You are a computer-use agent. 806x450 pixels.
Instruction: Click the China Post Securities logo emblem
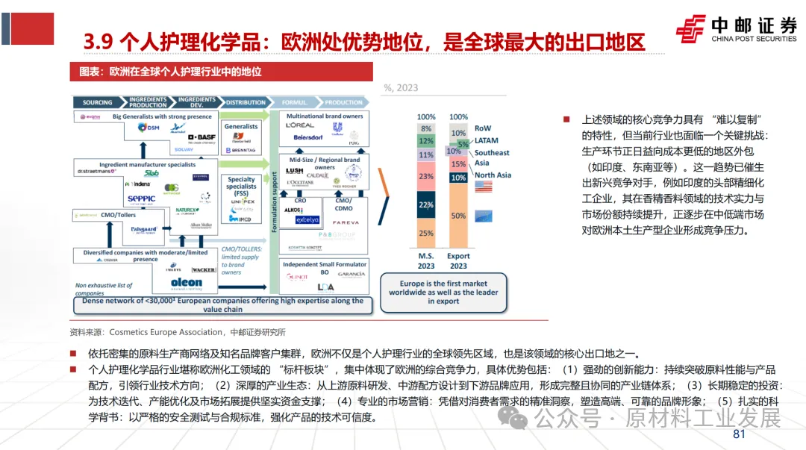pos(690,28)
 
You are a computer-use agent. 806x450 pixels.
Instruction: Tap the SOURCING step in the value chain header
pos(98,102)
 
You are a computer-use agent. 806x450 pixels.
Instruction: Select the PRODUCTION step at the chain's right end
pos(344,102)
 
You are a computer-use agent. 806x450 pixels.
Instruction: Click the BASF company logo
pos(201,137)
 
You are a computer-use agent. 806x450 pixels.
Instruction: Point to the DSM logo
pos(149,128)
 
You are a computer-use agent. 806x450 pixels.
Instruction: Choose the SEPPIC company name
pos(141,199)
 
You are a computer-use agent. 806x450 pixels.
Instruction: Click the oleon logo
pos(187,282)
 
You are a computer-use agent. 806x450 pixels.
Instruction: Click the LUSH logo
pos(296,172)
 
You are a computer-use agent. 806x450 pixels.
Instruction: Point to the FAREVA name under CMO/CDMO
pos(346,222)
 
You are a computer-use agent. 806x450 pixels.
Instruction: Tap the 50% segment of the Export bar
pos(458,216)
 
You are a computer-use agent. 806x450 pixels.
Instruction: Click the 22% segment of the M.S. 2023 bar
pos(426,204)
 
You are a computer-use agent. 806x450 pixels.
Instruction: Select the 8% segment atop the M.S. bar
pos(426,128)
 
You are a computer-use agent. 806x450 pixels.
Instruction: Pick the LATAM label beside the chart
pos(487,140)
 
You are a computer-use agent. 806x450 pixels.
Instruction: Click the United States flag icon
pos(486,187)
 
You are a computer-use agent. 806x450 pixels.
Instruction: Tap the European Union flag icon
pos(486,216)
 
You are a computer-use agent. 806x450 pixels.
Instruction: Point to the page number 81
pos(740,435)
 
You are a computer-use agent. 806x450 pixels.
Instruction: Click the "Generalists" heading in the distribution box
pos(241,126)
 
